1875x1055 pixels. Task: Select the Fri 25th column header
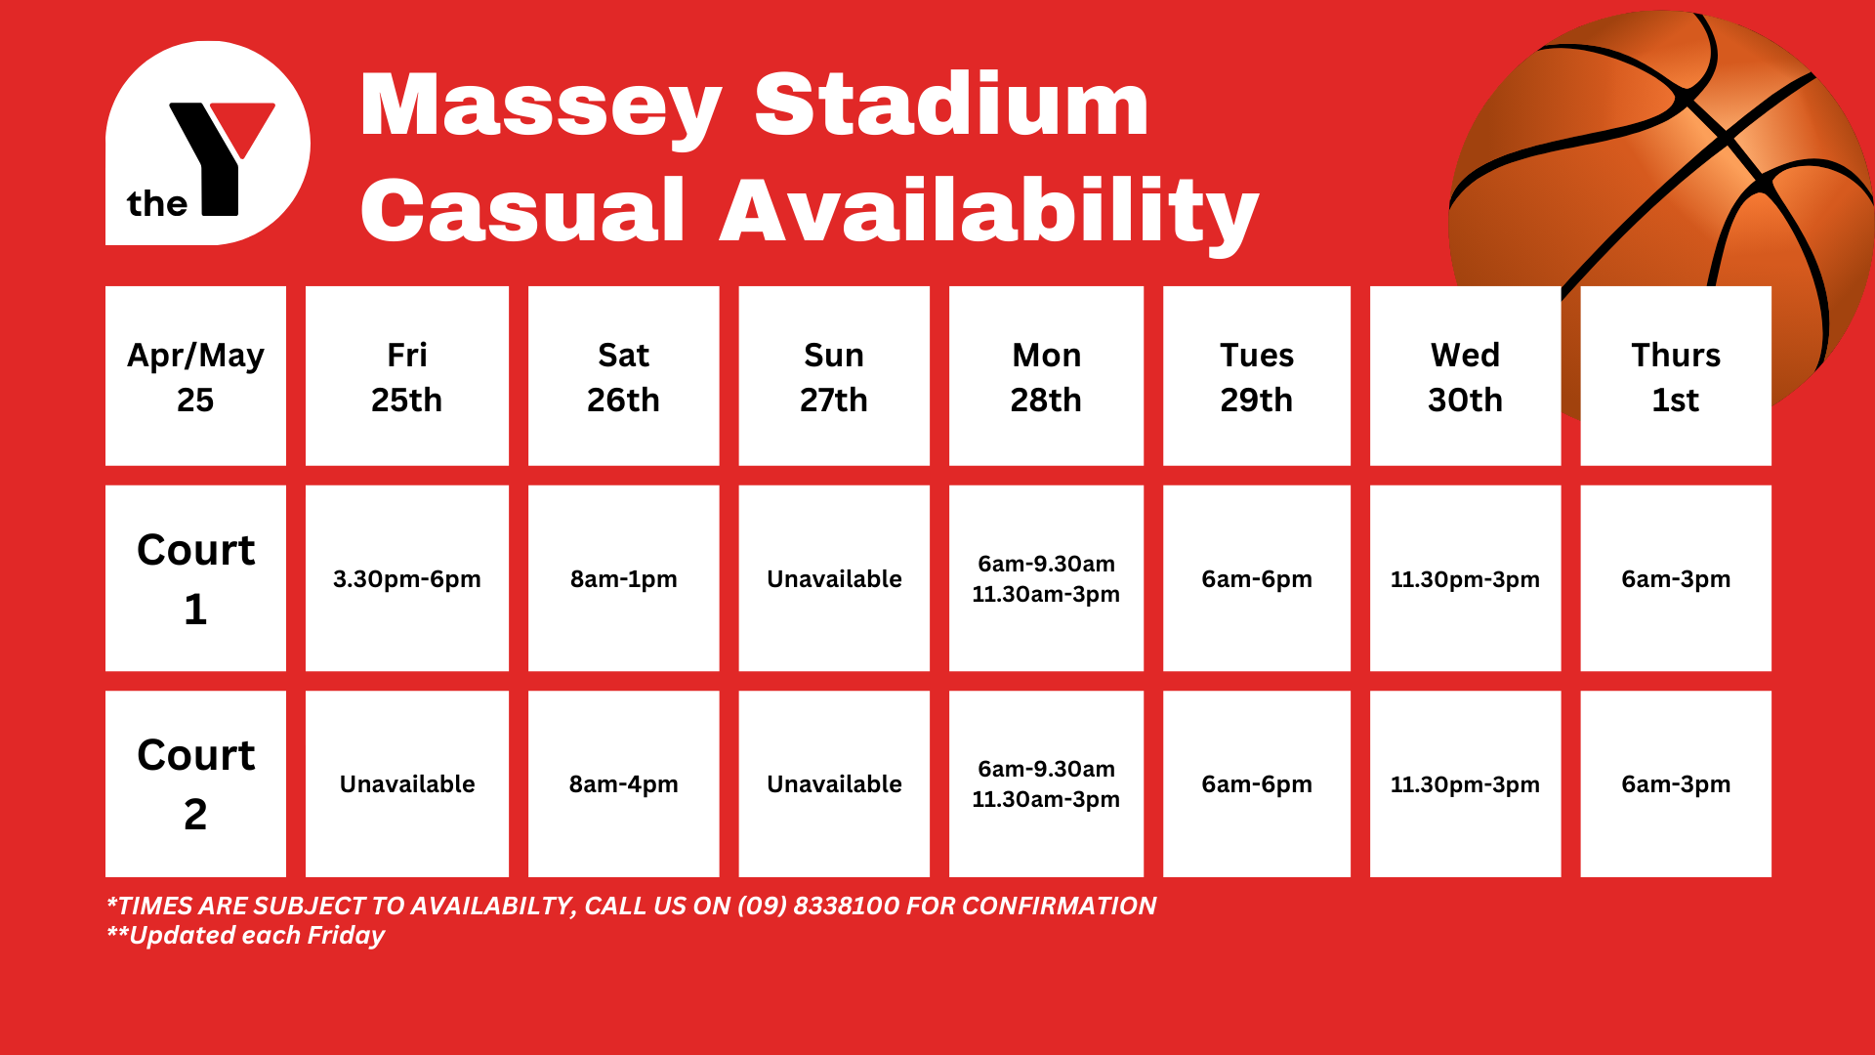tap(407, 376)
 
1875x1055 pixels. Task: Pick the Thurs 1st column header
tap(1676, 376)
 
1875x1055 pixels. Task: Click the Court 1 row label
tap(195, 578)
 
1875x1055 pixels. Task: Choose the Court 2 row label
tap(195, 783)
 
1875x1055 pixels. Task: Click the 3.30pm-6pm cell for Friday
tap(407, 578)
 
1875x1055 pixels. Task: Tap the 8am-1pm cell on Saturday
tap(624, 578)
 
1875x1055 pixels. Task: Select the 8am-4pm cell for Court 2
tap(624, 783)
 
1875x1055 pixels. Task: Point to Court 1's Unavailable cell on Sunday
tap(834, 578)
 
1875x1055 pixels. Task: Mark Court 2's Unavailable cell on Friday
tap(407, 783)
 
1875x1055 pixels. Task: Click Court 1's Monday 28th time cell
tap(1046, 578)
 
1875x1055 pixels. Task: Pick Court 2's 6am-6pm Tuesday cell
tap(1257, 783)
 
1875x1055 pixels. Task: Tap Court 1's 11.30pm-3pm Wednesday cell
tap(1465, 578)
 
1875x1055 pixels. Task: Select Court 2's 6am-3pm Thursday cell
tap(1676, 783)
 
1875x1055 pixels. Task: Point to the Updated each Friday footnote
tap(245, 936)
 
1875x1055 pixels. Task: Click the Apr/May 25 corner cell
tap(195, 376)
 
